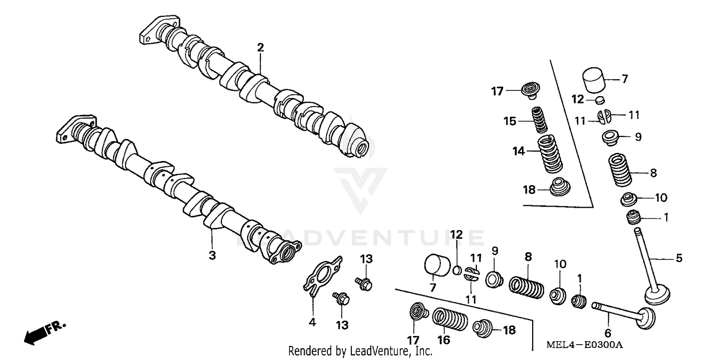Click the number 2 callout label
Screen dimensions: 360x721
point(260,48)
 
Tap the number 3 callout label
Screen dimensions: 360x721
point(212,255)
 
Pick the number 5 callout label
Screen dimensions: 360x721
point(679,259)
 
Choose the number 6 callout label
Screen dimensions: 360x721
point(608,333)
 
